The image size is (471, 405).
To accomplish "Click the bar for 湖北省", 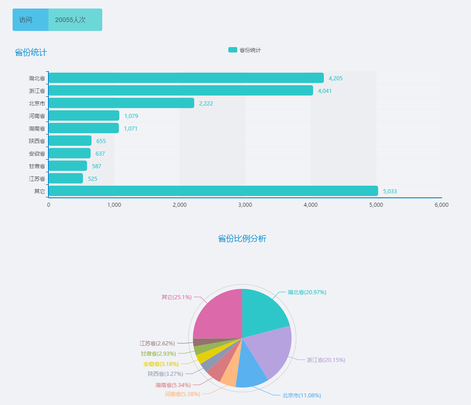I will coord(186,78).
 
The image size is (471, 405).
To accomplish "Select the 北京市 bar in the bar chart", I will coord(121,103).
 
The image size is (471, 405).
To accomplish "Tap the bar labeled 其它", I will coord(213,191).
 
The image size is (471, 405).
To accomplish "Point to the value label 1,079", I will coord(131,116).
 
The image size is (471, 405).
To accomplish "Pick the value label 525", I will coord(92,179).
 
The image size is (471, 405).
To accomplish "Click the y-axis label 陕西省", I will coord(37,141).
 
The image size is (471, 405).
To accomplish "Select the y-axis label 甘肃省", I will coord(37,166).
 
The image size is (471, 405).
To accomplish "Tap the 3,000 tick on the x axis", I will coord(245,205).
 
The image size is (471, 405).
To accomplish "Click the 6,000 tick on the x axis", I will coord(441,205).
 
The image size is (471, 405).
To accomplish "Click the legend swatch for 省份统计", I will coord(232,50).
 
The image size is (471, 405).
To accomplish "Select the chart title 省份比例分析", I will coord(242,239).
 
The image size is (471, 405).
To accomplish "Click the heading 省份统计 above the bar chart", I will coord(31,52).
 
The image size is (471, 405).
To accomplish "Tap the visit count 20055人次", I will coord(70,20).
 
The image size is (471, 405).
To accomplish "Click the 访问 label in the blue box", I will coord(26,20).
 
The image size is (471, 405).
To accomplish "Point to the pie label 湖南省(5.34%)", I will coord(173,385).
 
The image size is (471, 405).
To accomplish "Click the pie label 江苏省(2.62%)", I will coord(157,344).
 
